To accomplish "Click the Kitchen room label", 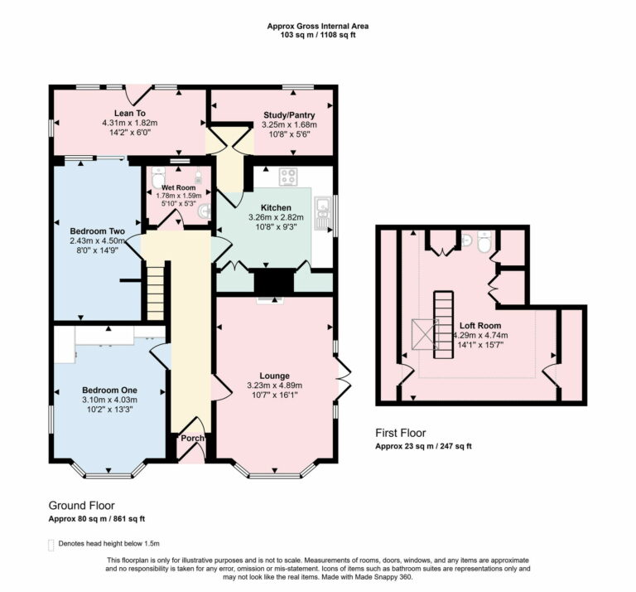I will click(x=276, y=207).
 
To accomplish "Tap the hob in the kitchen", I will click(x=289, y=177).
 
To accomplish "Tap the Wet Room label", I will click(x=178, y=188).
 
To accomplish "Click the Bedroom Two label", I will click(x=97, y=230).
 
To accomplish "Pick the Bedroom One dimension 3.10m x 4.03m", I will click(x=108, y=400).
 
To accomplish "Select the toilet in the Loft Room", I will click(x=484, y=240).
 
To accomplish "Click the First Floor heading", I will click(x=401, y=433).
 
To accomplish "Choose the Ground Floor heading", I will click(x=81, y=505).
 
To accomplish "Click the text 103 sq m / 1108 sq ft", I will click(x=318, y=36).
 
